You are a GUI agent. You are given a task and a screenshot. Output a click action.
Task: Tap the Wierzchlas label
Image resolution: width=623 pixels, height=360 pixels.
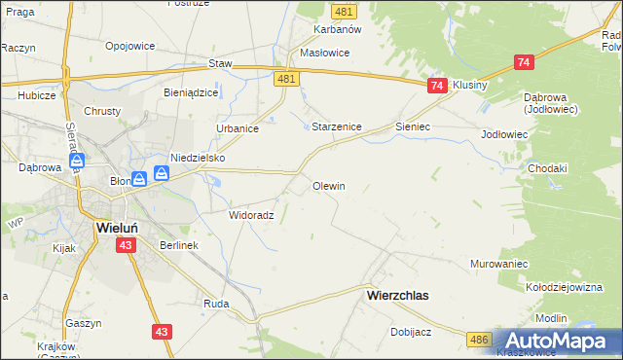(397, 293)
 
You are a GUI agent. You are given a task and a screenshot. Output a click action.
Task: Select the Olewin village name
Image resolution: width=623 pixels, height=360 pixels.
(329, 185)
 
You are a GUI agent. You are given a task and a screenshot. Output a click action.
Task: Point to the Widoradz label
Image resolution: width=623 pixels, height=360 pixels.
(250, 215)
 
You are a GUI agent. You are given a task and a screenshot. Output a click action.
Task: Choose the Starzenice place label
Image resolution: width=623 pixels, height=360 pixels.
(337, 126)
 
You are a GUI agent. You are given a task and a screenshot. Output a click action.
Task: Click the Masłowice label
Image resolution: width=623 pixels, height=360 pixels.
(325, 53)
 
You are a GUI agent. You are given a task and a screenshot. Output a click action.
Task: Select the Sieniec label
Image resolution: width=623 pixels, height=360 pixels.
(413, 126)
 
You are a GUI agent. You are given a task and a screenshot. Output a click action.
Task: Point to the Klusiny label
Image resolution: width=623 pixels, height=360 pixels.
(470, 85)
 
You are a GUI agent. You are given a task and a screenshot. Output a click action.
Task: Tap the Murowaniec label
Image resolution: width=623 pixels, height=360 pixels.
(499, 264)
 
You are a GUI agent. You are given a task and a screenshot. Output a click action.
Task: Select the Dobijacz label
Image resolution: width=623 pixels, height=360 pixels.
(411, 331)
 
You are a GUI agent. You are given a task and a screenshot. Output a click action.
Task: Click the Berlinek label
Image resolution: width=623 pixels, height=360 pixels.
(179, 245)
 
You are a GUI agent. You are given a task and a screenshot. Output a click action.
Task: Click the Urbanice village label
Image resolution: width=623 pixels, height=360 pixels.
(237, 127)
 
